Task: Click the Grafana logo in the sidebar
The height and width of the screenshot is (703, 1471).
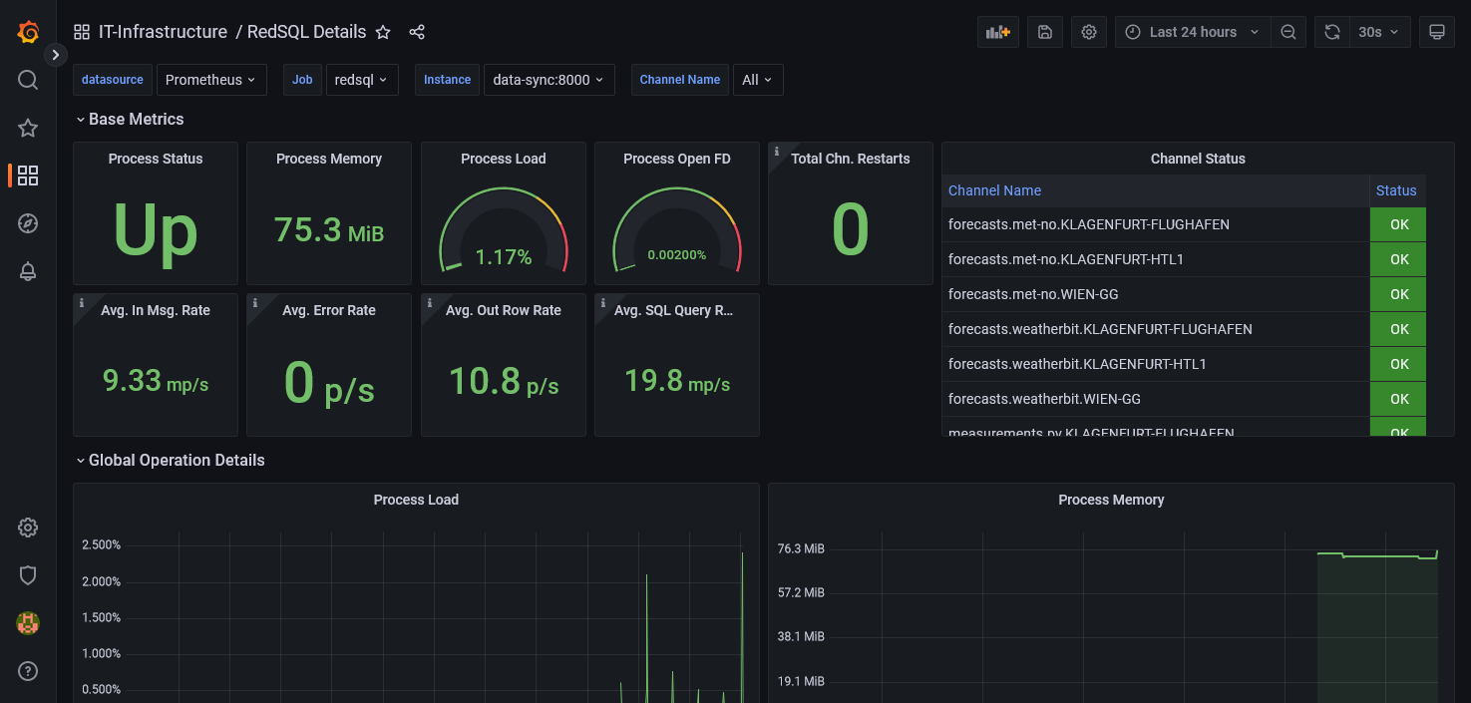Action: [x=28, y=32]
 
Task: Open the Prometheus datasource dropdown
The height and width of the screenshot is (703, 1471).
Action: [x=210, y=80]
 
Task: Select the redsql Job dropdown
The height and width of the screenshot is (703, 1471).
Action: [x=361, y=80]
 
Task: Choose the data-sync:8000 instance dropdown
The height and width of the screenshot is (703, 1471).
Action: [x=548, y=80]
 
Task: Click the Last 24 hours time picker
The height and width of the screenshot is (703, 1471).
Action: [x=1193, y=32]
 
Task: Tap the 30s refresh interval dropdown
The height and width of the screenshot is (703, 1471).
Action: [x=1378, y=32]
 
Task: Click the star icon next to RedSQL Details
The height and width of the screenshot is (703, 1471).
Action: [x=383, y=32]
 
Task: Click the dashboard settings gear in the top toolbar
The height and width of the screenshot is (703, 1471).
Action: [x=1089, y=32]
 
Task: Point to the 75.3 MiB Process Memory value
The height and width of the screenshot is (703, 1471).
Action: [x=328, y=230]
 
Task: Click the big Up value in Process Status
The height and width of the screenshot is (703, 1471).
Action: [x=155, y=230]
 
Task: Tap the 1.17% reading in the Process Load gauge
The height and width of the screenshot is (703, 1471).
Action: [x=503, y=257]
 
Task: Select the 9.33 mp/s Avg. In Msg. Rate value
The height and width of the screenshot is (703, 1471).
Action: [x=155, y=381]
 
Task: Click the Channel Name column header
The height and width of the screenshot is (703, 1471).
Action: [x=994, y=190]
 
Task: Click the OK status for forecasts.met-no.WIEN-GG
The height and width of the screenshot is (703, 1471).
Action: [x=1398, y=294]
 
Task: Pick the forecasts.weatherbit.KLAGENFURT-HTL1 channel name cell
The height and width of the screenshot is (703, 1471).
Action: [x=1077, y=364]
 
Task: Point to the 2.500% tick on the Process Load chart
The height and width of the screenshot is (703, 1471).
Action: [x=101, y=545]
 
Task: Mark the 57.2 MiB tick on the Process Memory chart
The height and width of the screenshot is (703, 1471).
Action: [x=801, y=592]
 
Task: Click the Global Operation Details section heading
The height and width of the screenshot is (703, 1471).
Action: [x=177, y=461]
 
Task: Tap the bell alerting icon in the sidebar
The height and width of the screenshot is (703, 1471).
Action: [x=28, y=272]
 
